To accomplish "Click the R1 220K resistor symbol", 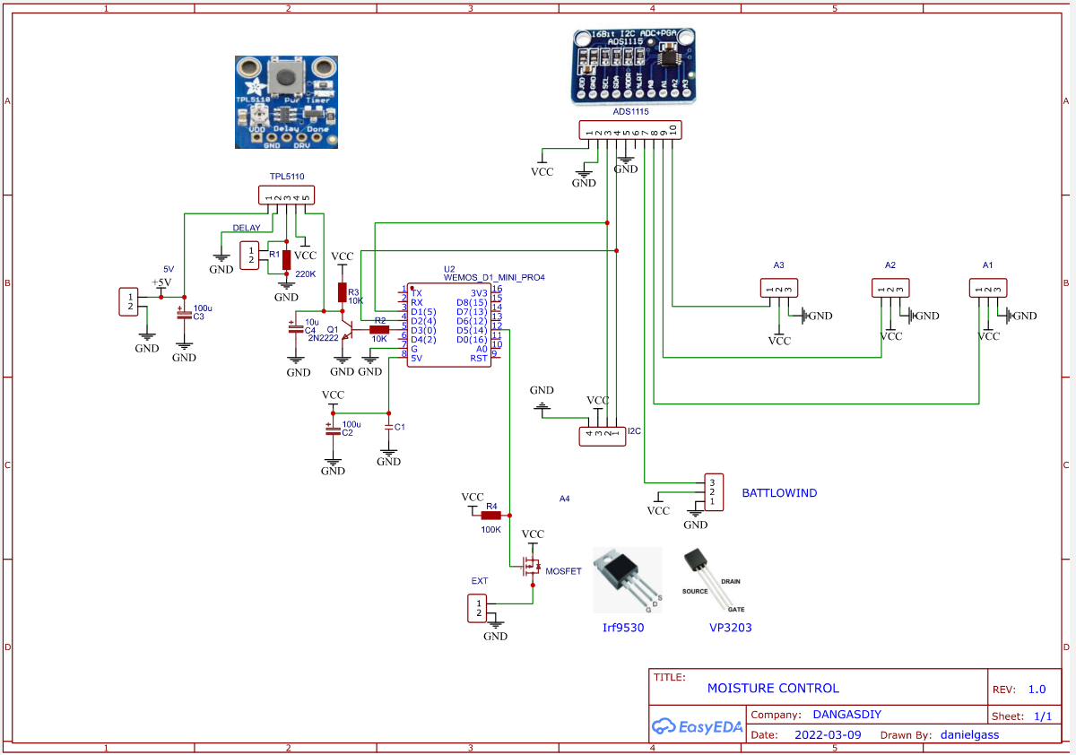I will pos(286,260).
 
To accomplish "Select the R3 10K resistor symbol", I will pos(342,291).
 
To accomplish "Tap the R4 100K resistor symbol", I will pos(490,516).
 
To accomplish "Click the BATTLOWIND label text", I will pos(779,493).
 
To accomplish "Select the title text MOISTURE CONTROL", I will pos(773,689).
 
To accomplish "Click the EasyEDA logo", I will pos(698,726).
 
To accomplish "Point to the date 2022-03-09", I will pos(829,734).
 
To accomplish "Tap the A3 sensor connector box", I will pos(778,288).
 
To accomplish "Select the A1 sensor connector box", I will pos(988,288).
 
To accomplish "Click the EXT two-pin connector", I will pos(479,608).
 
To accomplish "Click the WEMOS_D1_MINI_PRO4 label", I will pos(494,278).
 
